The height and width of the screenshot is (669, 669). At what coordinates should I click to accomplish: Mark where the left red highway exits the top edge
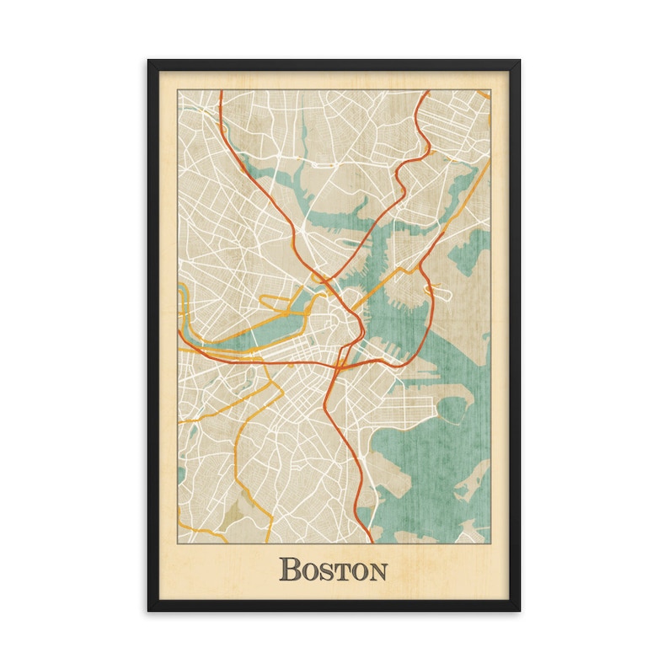click(221, 92)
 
